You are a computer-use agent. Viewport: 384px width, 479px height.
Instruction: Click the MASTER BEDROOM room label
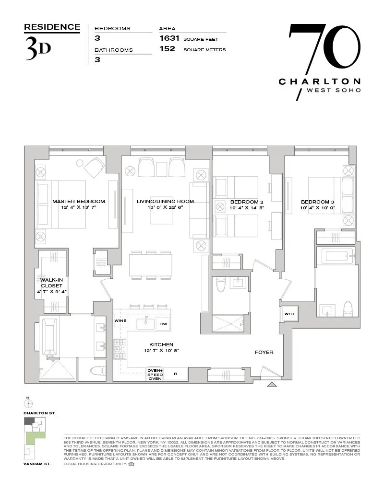pyautogui.click(x=78, y=202)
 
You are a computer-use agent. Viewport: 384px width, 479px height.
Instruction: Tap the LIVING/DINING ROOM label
pyautogui.click(x=165, y=202)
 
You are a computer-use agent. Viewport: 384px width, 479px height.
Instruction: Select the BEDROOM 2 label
pyautogui.click(x=247, y=202)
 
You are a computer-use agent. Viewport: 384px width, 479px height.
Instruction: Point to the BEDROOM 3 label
pyautogui.click(x=317, y=202)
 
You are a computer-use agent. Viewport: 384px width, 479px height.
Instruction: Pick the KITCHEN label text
pyautogui.click(x=161, y=344)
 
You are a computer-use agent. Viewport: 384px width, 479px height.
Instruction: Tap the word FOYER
pyautogui.click(x=264, y=353)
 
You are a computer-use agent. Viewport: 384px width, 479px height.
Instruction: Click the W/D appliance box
pyautogui.click(x=289, y=314)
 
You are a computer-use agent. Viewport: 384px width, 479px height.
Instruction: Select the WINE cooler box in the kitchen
pyautogui.click(x=120, y=321)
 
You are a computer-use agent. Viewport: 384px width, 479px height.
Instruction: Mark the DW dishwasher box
pyautogui.click(x=163, y=324)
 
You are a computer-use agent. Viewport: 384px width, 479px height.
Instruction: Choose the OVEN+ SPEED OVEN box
pyautogui.click(x=155, y=374)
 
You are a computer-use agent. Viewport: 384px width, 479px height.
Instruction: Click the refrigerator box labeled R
pyautogui.click(x=175, y=374)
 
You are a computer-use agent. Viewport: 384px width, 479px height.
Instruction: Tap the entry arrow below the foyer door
pyautogui.click(x=272, y=384)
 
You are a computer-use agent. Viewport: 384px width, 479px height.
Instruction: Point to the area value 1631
pyautogui.click(x=167, y=38)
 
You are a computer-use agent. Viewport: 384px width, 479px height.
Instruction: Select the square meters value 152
pyautogui.click(x=167, y=49)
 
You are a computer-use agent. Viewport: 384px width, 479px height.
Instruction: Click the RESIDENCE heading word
pyautogui.click(x=52, y=27)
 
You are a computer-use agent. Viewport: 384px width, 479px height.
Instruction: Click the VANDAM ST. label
pyautogui.click(x=36, y=465)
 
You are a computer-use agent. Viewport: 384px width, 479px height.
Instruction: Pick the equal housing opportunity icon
pyautogui.click(x=132, y=464)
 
